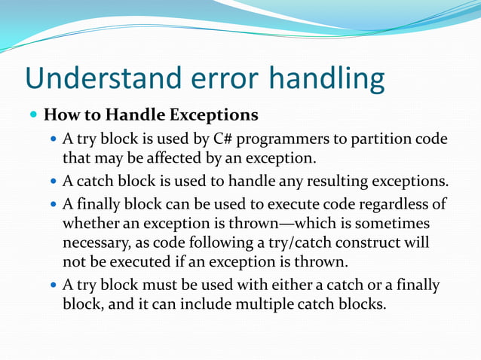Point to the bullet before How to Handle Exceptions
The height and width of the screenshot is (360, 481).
pyautogui.click(x=33, y=116)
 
